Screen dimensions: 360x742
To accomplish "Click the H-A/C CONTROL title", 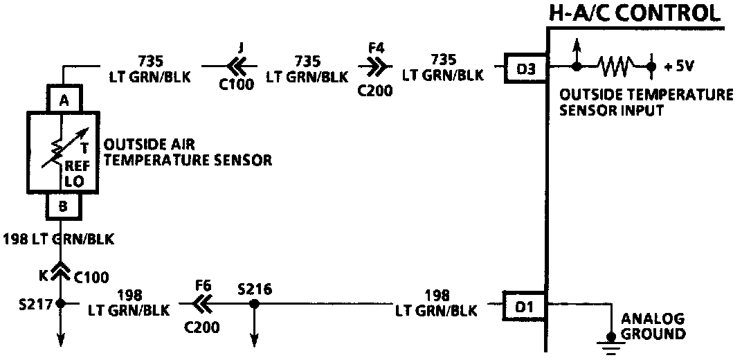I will click(x=633, y=12).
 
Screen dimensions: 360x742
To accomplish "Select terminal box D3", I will click(x=526, y=68).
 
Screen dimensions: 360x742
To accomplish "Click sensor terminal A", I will click(x=64, y=100).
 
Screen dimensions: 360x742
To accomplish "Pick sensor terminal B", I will click(x=64, y=206).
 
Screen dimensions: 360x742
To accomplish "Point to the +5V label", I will click(x=679, y=66).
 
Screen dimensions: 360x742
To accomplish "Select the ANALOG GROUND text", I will click(x=653, y=326).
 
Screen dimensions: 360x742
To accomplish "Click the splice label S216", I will click(x=253, y=287).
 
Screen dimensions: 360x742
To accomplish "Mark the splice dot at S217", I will click(x=60, y=303).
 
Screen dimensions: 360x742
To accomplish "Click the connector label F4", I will click(x=376, y=50).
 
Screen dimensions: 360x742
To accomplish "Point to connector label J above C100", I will click(x=240, y=48).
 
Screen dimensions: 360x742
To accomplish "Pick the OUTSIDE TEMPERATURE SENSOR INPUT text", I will click(x=646, y=102).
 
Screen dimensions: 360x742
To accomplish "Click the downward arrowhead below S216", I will click(x=254, y=340).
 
